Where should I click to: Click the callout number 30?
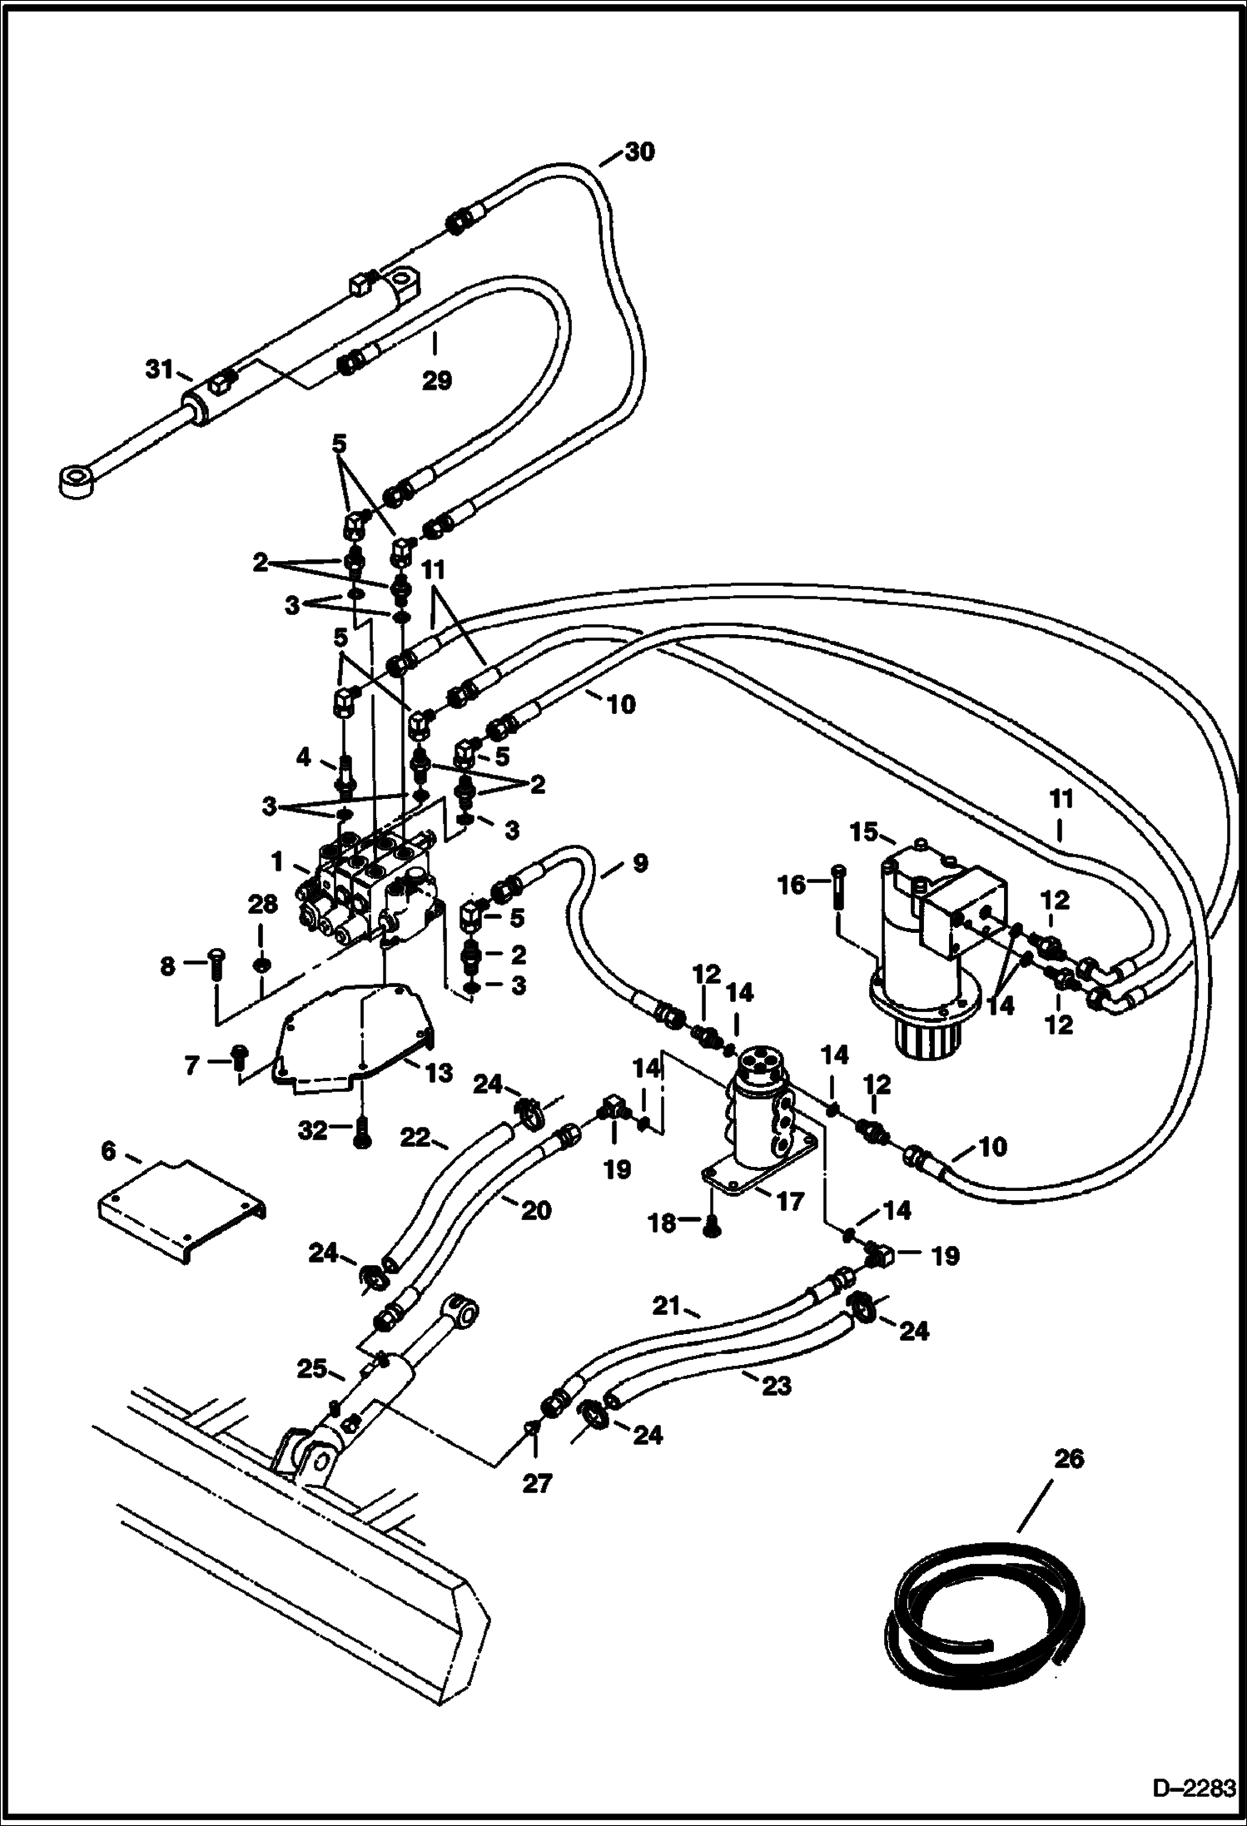pos(639,152)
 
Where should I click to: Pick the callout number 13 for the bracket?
pos(439,1072)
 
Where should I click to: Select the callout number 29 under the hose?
pos(436,380)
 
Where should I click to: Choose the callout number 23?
pos(775,1386)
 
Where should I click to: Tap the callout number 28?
pos(263,906)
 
